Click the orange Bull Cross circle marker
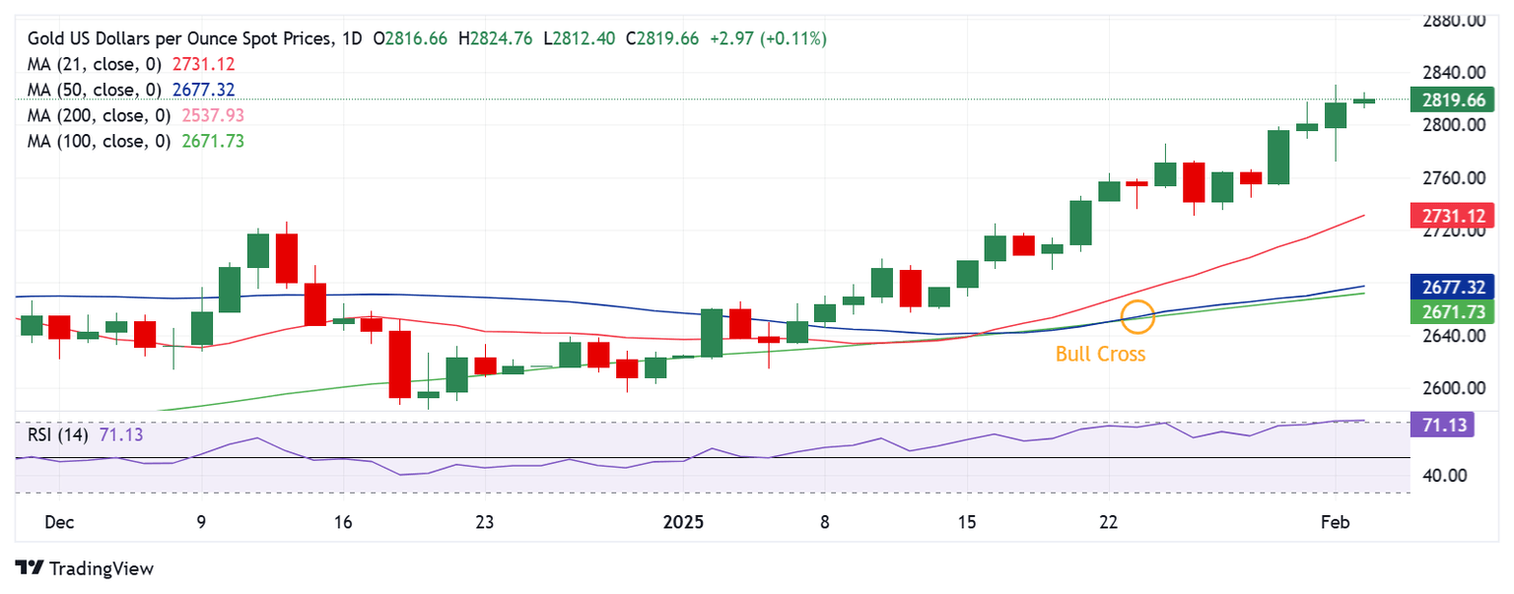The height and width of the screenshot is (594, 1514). [1138, 316]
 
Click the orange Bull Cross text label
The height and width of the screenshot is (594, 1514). [1100, 355]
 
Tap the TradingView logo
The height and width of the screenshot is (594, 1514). [85, 568]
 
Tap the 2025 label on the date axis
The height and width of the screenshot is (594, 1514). [683, 521]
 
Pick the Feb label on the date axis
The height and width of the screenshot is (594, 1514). [1336, 521]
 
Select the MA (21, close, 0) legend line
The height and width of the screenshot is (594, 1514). [131, 64]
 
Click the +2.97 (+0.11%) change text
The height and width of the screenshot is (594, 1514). [767, 38]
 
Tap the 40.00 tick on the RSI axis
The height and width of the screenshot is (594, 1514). [1446, 475]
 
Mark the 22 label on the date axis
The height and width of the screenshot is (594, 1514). [1108, 521]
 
